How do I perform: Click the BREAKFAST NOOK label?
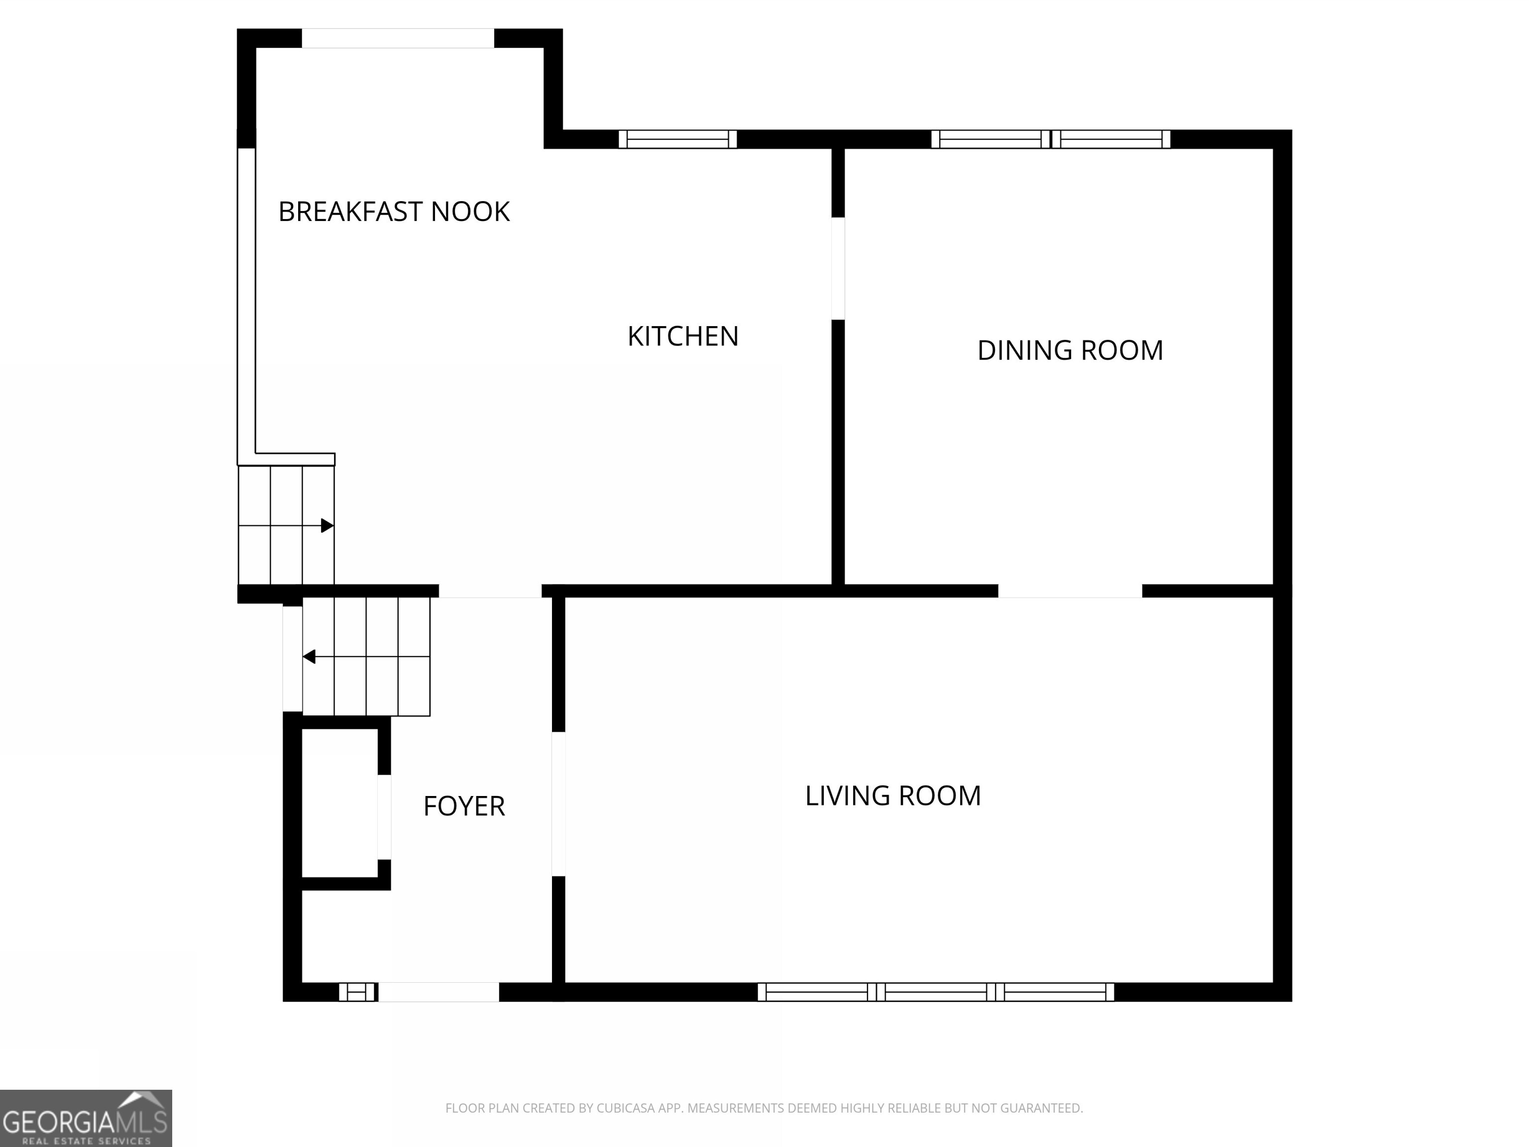pos(393,212)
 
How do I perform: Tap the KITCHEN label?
pos(682,337)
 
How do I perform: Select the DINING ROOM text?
pos(1069,350)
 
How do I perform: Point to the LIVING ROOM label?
pos(892,796)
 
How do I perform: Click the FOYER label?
pos(464,806)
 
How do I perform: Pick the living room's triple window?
pos(935,992)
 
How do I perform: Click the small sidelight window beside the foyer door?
pos(357,992)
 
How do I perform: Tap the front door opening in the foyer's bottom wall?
pos(438,992)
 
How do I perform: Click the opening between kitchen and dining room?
pos(838,268)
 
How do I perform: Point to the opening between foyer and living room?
pos(558,804)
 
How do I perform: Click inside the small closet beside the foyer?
pos(339,803)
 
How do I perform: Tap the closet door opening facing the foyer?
pos(384,817)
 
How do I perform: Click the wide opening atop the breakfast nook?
pos(398,38)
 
